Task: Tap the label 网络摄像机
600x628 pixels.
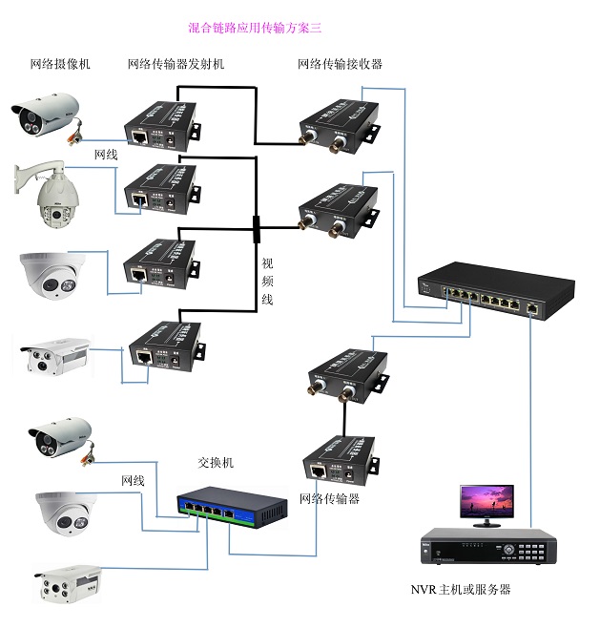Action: click(x=61, y=64)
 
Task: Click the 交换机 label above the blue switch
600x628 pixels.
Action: click(x=216, y=462)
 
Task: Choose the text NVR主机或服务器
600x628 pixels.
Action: click(x=461, y=590)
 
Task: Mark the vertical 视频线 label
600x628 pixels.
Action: click(x=269, y=283)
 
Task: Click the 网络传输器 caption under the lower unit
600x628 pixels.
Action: click(x=329, y=498)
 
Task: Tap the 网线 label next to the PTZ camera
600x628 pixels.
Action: click(x=106, y=153)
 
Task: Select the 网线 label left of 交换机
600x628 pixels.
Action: click(x=133, y=480)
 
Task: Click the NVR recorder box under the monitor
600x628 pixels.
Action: click(x=486, y=550)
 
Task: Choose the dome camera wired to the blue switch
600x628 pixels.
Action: click(x=65, y=512)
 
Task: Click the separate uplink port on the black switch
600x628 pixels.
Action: click(x=532, y=308)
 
